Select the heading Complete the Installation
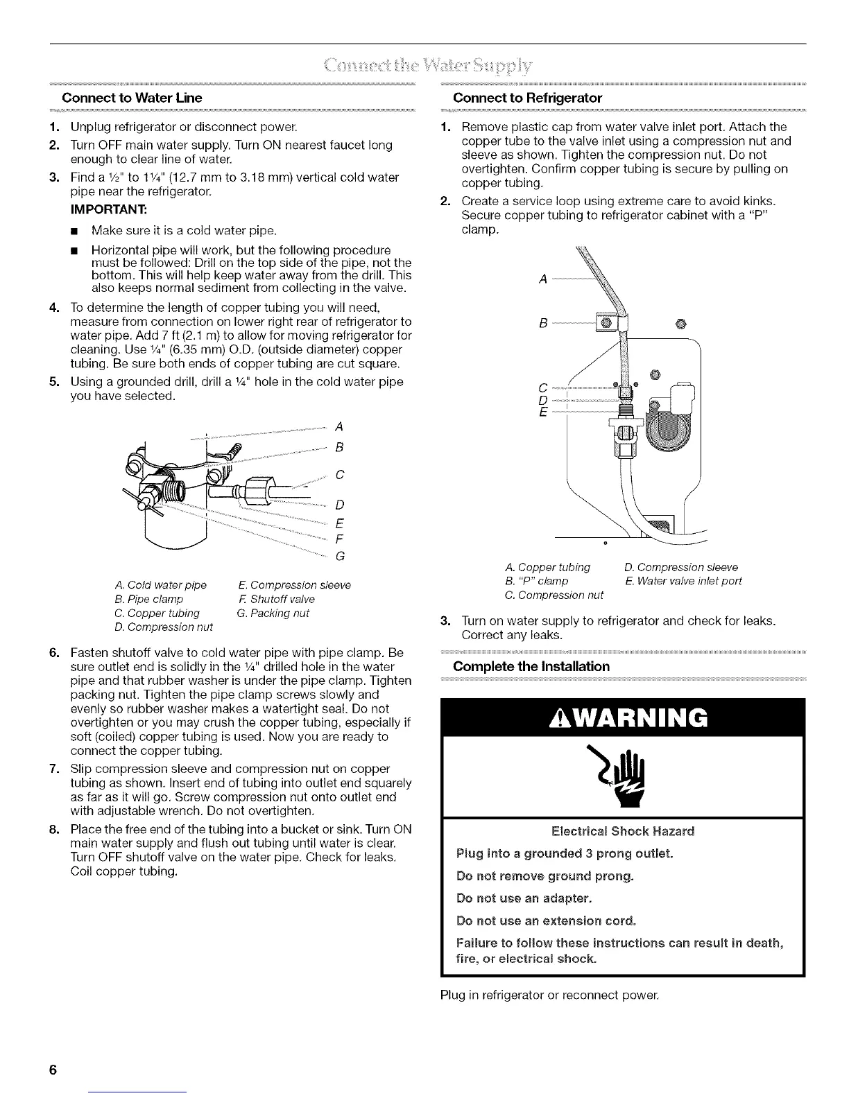point(531,666)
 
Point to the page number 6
point(52,1070)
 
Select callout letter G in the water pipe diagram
point(341,556)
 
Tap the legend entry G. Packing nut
point(273,613)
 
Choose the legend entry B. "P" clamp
point(538,581)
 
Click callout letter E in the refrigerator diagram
point(543,413)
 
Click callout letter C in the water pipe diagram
point(340,476)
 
